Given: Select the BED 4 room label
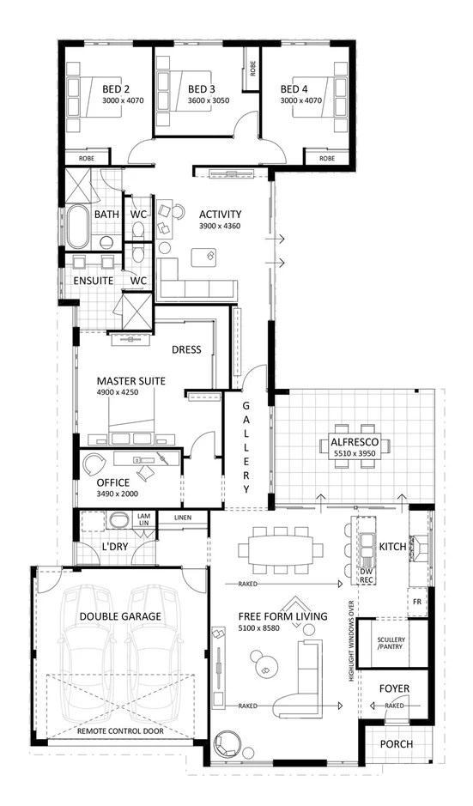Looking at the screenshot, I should click(294, 88).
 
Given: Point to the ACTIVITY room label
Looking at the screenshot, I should click(220, 215).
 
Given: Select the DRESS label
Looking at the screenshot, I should click(186, 349).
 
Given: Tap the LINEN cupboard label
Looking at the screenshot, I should click(182, 518).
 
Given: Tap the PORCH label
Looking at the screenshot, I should click(396, 744).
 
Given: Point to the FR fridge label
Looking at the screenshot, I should click(416, 602).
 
